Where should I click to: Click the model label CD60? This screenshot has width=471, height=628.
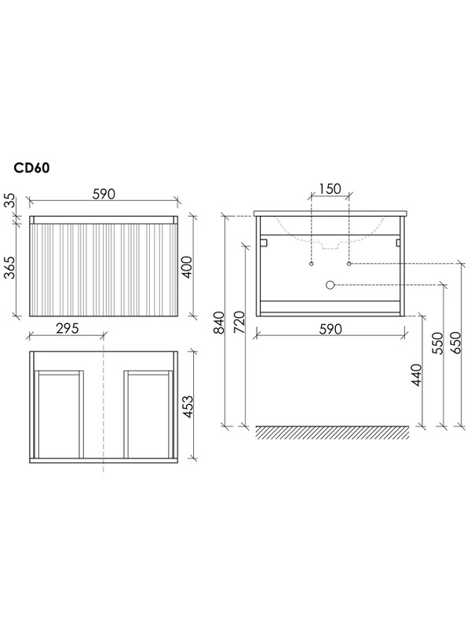pyautogui.click(x=31, y=168)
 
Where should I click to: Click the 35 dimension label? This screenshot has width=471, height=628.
pyautogui.click(x=9, y=201)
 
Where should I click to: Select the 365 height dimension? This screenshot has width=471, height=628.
pyautogui.click(x=9, y=267)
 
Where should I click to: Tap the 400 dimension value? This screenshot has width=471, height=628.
pyautogui.click(x=187, y=268)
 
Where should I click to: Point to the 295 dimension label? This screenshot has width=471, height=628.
pyautogui.click(x=68, y=328)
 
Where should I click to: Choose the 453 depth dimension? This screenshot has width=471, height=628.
pyautogui.click(x=187, y=407)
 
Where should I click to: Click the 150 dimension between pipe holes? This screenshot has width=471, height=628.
pyautogui.click(x=330, y=188)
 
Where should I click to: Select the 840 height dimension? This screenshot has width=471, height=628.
pyautogui.click(x=219, y=323)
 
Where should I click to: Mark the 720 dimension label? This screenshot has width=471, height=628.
pyautogui.click(x=239, y=323)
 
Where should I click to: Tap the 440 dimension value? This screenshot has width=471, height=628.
pyautogui.click(x=417, y=375)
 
